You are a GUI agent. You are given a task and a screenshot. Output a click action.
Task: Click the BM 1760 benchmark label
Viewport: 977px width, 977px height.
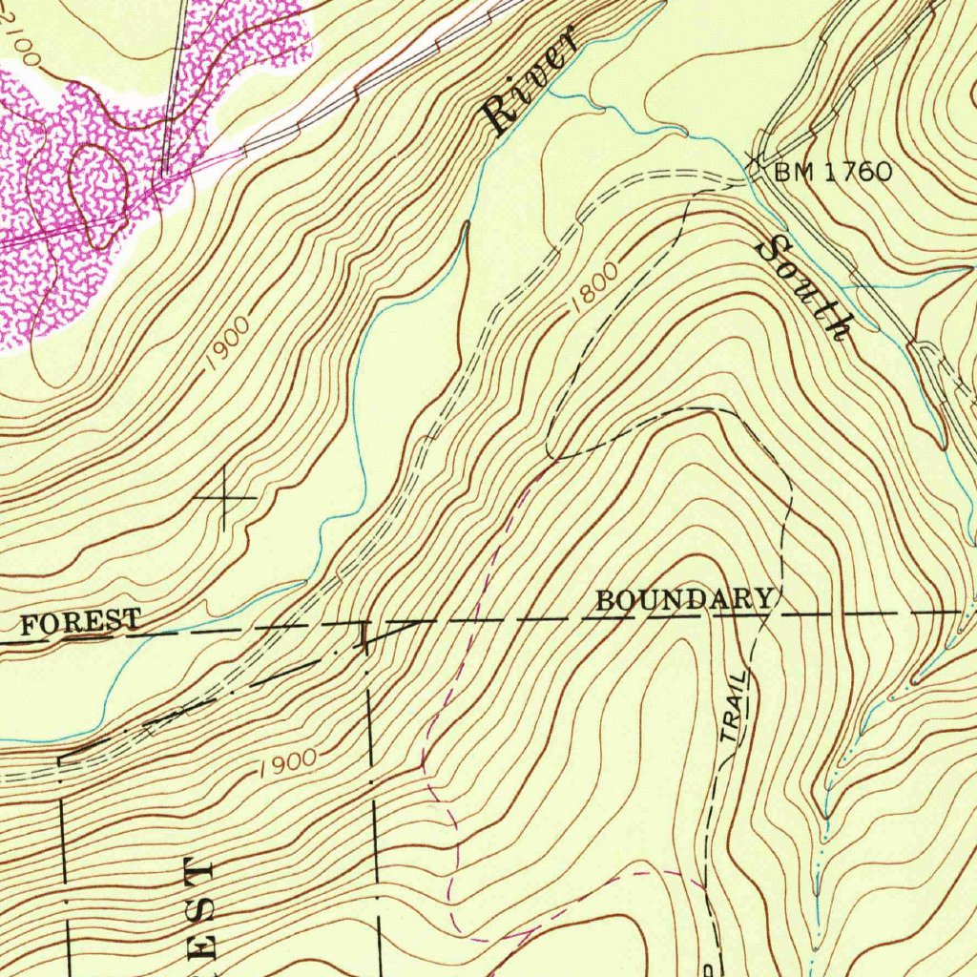(833, 173)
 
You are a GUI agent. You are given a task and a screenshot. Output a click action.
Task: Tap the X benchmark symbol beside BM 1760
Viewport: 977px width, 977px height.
(756, 158)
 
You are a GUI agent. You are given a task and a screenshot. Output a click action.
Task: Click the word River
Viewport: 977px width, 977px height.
(530, 84)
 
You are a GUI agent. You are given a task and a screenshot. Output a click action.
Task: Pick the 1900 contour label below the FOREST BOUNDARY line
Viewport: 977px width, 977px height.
(285, 761)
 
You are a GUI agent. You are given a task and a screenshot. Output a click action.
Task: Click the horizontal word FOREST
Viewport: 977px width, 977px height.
(80, 623)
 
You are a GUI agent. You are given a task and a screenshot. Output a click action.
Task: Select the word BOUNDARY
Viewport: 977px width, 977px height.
(684, 600)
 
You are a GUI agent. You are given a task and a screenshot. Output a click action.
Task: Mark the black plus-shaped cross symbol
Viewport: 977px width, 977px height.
(225, 497)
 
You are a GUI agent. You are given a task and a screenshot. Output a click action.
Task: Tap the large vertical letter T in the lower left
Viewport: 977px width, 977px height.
(200, 871)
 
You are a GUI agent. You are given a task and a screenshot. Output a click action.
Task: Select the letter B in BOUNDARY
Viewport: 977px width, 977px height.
(605, 601)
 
